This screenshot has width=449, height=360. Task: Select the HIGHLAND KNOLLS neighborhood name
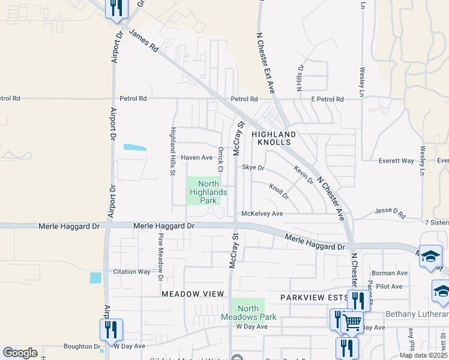point(274,138)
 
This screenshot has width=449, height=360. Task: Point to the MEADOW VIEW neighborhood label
point(192,293)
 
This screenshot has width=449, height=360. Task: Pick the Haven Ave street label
point(197,158)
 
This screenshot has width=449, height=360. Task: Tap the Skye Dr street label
point(253,168)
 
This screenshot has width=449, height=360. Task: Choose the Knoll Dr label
point(279,191)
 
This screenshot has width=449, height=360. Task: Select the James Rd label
point(143,42)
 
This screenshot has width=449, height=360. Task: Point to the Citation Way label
point(131,272)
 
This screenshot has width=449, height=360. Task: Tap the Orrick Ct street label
point(221,158)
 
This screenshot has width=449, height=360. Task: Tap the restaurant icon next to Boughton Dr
point(111,329)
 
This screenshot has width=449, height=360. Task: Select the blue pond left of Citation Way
point(95,278)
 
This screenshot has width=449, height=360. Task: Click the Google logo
point(20,353)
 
